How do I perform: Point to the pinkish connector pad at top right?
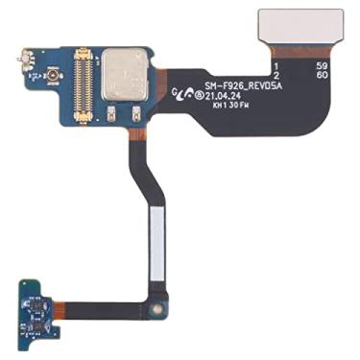pyautogui.click(x=300, y=29)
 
